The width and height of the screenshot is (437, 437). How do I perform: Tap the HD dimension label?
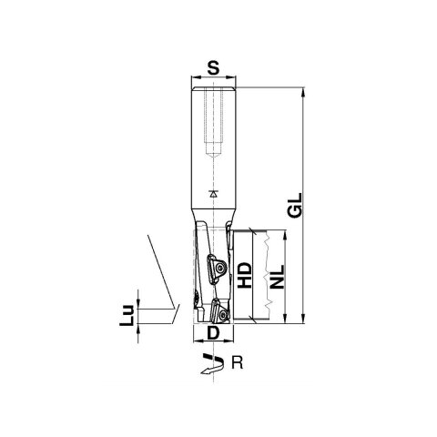point(244,276)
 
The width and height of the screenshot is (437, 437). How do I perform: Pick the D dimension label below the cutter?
point(211,335)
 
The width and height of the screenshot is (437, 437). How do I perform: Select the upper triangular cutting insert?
point(217,269)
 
